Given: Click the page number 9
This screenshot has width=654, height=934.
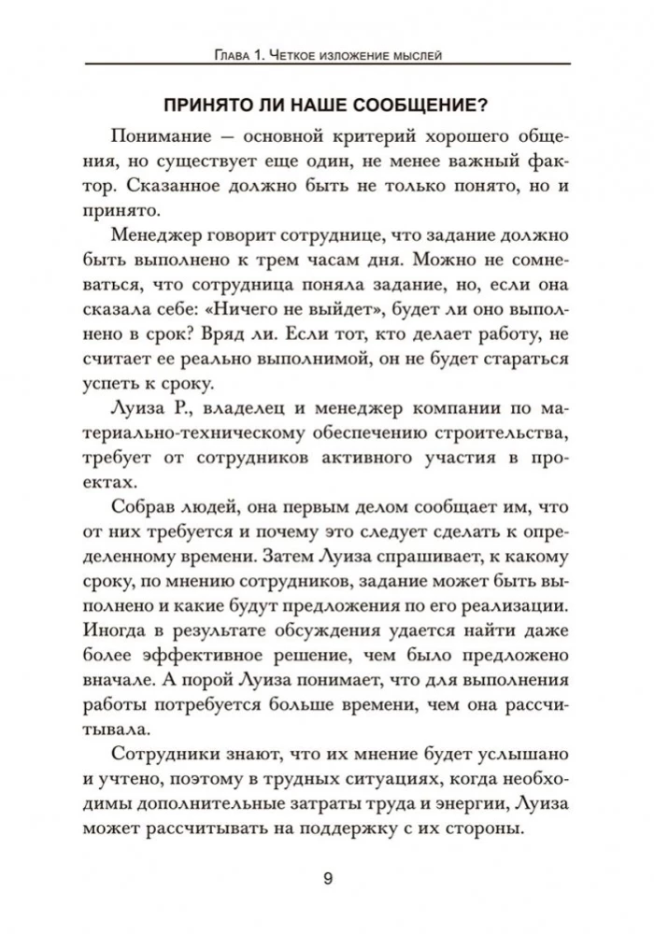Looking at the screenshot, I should coord(326,877).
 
